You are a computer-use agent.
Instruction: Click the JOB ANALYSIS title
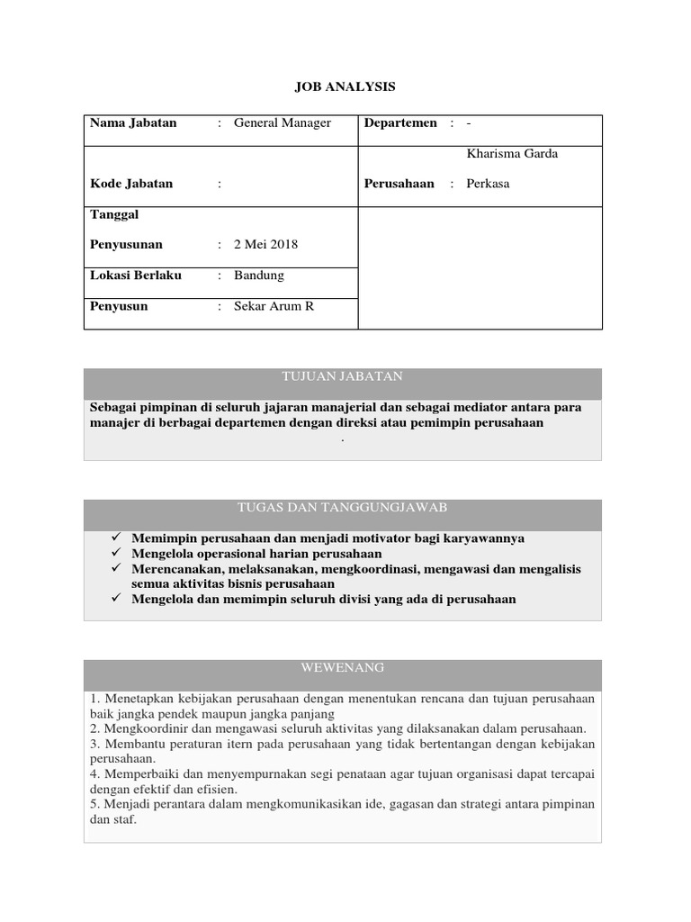click(345, 86)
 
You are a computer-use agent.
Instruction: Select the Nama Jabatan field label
click(133, 123)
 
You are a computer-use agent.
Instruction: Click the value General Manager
click(283, 123)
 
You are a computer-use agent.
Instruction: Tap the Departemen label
click(400, 123)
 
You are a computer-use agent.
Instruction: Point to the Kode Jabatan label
click(131, 184)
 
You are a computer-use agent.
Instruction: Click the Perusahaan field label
click(399, 184)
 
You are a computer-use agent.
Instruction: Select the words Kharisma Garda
click(512, 154)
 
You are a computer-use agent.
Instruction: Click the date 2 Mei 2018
click(265, 245)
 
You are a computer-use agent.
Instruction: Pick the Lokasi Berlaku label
click(136, 276)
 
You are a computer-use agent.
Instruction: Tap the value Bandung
click(259, 276)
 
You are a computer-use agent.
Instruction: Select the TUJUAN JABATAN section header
click(343, 376)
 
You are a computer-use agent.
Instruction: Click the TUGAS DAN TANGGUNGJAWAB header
click(343, 508)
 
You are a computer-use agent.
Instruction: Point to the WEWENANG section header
click(343, 667)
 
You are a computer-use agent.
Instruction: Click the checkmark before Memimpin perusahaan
click(116, 538)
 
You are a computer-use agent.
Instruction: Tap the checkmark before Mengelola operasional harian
click(116, 553)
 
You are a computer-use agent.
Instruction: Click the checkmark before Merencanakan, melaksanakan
click(116, 568)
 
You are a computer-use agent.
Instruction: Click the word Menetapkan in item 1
click(138, 698)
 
